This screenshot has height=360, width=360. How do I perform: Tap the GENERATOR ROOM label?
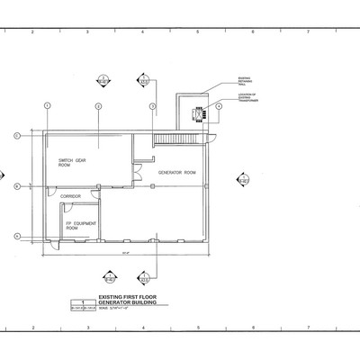(x=176, y=172)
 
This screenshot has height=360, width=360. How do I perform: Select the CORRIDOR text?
(x=71, y=196)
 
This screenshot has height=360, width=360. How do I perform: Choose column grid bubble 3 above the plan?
(x=153, y=107)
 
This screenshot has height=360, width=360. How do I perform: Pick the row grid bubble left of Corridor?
(x=15, y=186)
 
